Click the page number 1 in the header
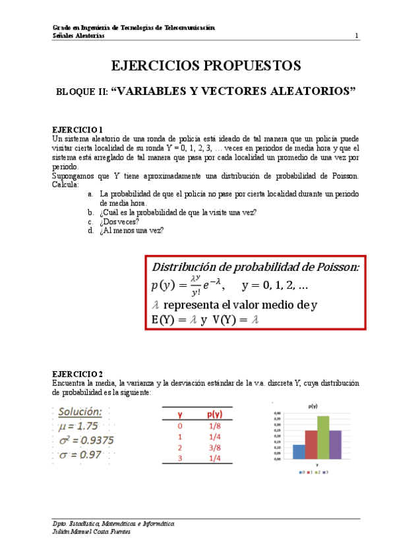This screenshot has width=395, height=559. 357,36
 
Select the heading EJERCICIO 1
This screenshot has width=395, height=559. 77,131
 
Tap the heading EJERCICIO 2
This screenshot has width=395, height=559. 77,374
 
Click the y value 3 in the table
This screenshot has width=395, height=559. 180,459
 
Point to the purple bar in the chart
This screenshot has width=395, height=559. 336,444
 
